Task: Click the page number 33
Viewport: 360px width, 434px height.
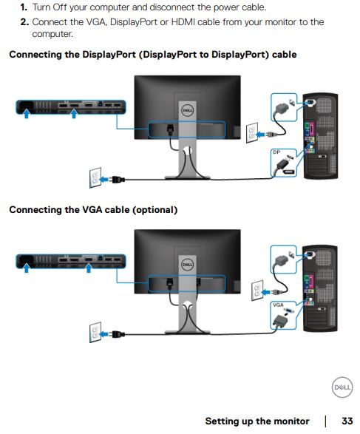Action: (x=347, y=421)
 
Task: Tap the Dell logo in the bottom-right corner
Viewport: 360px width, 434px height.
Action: (x=342, y=387)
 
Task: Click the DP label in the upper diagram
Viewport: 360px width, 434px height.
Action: (x=276, y=152)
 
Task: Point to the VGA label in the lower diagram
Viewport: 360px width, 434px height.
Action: (x=278, y=305)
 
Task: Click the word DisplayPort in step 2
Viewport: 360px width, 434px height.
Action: (x=134, y=22)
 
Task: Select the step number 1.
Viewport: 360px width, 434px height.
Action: (x=24, y=7)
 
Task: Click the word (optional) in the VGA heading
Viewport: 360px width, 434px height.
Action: (x=155, y=210)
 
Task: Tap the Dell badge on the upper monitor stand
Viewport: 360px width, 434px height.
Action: (x=187, y=110)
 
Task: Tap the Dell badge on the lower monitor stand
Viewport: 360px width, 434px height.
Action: (x=187, y=265)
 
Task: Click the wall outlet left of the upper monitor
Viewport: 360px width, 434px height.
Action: (x=95, y=177)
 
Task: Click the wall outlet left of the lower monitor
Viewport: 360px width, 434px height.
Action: (x=95, y=332)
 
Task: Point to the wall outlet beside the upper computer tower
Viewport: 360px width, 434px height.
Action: (x=252, y=133)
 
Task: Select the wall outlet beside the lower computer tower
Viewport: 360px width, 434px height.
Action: (x=257, y=290)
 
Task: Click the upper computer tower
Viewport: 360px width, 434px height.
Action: (x=321, y=136)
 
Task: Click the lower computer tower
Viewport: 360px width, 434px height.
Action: (x=320, y=288)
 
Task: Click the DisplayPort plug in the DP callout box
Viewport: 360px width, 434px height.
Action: (x=282, y=164)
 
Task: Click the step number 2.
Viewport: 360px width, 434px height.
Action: (x=24, y=22)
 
